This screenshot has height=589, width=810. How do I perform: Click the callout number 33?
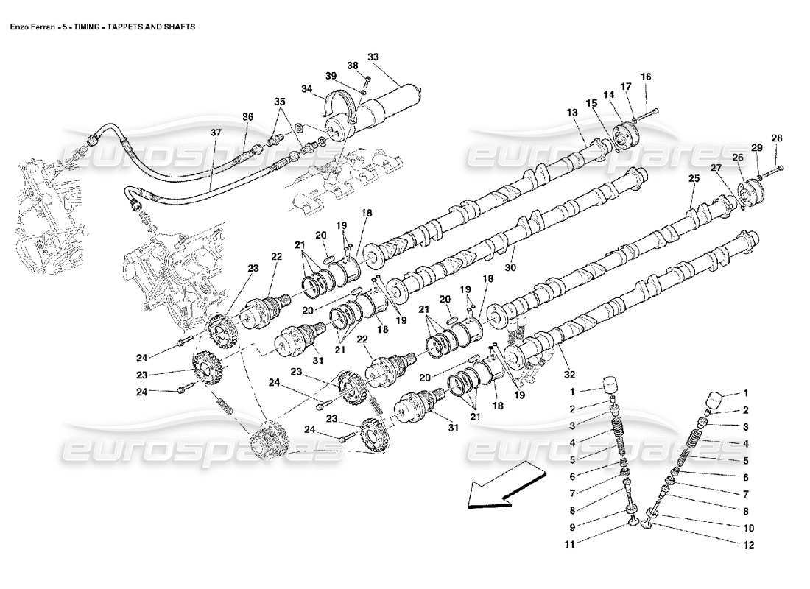(373, 57)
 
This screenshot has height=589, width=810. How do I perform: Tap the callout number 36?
(247, 116)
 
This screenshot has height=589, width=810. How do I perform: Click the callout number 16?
(646, 77)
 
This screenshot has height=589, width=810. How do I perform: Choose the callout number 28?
(777, 138)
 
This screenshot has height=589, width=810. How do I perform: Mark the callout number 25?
(693, 179)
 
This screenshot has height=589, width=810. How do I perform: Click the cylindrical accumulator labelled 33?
(394, 106)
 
